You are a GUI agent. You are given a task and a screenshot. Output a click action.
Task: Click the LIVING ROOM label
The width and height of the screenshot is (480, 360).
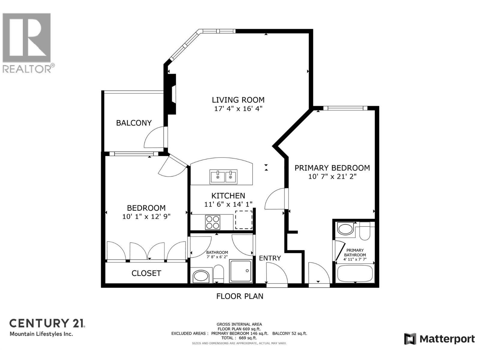pos(238,100)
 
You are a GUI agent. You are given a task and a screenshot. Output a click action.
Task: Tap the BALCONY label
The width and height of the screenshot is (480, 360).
pos(134,123)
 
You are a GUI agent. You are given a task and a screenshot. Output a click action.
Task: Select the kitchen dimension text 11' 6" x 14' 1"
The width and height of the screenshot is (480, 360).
pos(228,204)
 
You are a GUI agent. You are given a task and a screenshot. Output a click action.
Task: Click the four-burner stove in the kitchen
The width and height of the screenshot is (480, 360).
pos(212,222)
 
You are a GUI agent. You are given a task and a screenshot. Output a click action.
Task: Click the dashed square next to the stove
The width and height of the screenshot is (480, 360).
pos(244,220)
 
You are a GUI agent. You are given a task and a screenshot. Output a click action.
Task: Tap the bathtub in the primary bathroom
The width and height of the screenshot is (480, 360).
pos(355,273)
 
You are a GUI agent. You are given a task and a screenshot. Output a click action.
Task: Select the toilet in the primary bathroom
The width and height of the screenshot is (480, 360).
pos(364,231)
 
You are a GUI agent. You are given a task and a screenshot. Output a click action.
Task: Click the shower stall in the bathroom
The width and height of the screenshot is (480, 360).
pos(241,271)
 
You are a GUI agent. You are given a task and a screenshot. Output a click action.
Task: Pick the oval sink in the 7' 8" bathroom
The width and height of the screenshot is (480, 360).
pos(201,276)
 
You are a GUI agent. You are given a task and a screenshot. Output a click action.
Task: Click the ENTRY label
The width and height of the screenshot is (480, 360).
pos(270,258)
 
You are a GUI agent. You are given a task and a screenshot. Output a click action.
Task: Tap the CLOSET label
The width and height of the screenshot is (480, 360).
pos(146,273)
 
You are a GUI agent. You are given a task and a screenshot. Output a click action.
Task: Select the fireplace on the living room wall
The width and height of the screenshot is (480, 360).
pos(171,94)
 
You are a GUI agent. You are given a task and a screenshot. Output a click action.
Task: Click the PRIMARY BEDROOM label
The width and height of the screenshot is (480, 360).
pos(332,168)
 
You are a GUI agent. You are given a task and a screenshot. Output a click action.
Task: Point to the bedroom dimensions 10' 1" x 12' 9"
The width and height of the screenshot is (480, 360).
pos(146,216)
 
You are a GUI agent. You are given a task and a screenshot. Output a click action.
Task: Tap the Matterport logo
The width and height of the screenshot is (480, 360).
pos(439,339)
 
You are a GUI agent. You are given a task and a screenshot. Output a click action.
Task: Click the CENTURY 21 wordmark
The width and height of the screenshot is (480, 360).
pos(47,323)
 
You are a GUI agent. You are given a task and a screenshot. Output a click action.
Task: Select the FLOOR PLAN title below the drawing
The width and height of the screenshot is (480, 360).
pos(240,296)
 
